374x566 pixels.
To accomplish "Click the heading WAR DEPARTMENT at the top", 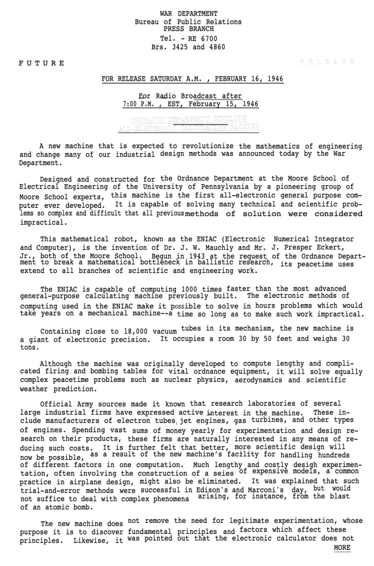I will point(189,13).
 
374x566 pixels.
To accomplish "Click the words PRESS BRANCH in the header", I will point(188,30).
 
